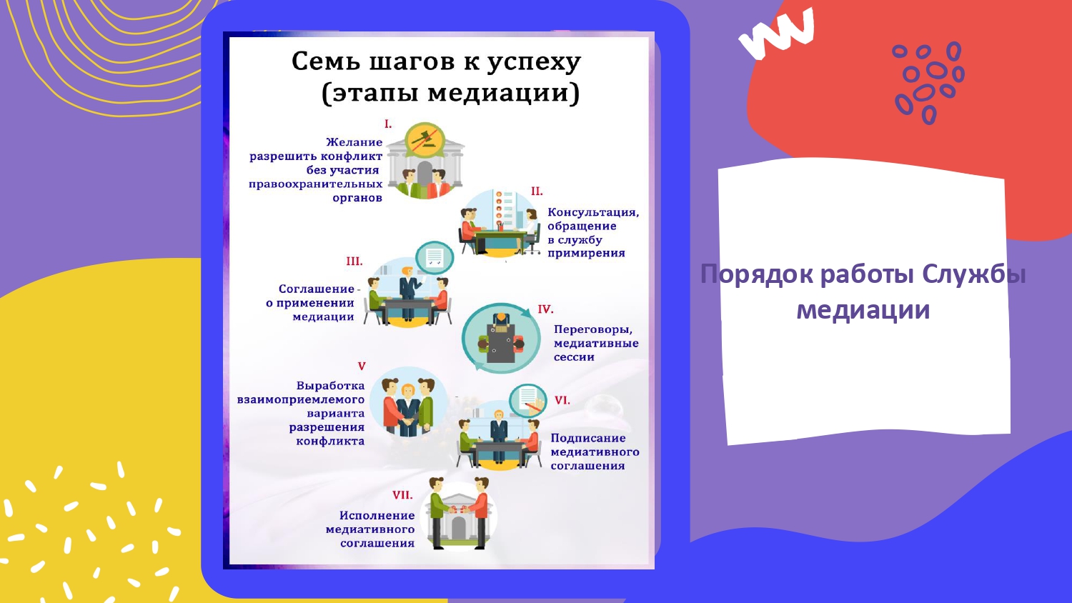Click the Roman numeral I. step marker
click(x=388, y=124)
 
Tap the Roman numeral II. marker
click(x=537, y=191)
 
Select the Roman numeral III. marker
click(x=354, y=261)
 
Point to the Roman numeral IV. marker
click(x=545, y=309)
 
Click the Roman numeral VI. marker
click(x=562, y=400)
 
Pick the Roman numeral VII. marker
click(x=402, y=495)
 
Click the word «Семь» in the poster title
click(x=325, y=61)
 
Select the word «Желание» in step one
click(x=354, y=142)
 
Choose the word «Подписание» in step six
click(x=588, y=439)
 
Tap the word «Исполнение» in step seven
click(x=377, y=516)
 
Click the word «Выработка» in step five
click(x=330, y=386)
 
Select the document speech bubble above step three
click(x=435, y=257)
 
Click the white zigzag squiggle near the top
click(x=776, y=32)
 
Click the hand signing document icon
click(x=528, y=400)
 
